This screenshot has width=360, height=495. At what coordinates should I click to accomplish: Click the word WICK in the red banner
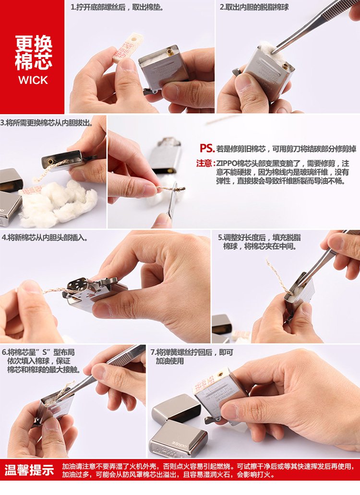pyautogui.click(x=33, y=80)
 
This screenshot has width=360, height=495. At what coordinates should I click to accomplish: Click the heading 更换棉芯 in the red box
pyautogui.click(x=33, y=53)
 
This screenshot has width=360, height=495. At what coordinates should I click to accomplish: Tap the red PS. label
pyautogui.click(x=207, y=149)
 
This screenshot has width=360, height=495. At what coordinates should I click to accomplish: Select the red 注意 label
pyautogui.click(x=204, y=163)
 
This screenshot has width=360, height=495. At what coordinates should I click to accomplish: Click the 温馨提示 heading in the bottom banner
pyautogui.click(x=29, y=471)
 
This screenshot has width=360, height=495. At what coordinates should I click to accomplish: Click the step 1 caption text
pyautogui.click(x=117, y=8)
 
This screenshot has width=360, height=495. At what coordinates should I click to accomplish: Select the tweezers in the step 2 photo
pyautogui.click(x=312, y=24)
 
